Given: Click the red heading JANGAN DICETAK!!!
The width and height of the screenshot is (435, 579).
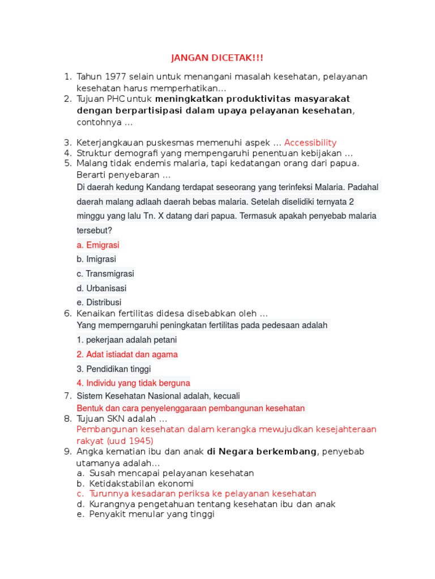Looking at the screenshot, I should point(217,58).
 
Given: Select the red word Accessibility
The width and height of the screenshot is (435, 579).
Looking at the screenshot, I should point(310,142).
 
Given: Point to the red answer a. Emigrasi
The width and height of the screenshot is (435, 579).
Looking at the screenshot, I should point(98,245).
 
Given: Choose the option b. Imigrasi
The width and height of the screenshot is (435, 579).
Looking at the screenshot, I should point(96,259).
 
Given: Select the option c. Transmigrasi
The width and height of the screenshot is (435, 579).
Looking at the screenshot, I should point(105,274).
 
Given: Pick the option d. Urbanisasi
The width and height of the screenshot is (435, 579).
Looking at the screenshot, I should point(101,288).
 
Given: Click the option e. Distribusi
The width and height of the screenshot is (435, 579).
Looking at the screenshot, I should point(99,303).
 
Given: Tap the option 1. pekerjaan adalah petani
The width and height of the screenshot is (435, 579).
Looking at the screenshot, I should point(127,340).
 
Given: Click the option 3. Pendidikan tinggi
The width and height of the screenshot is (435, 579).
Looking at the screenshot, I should point(114,369).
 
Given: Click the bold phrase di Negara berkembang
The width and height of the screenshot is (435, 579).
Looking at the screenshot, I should point(262,451).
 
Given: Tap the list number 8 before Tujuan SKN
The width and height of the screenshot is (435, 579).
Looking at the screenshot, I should point(67,419).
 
